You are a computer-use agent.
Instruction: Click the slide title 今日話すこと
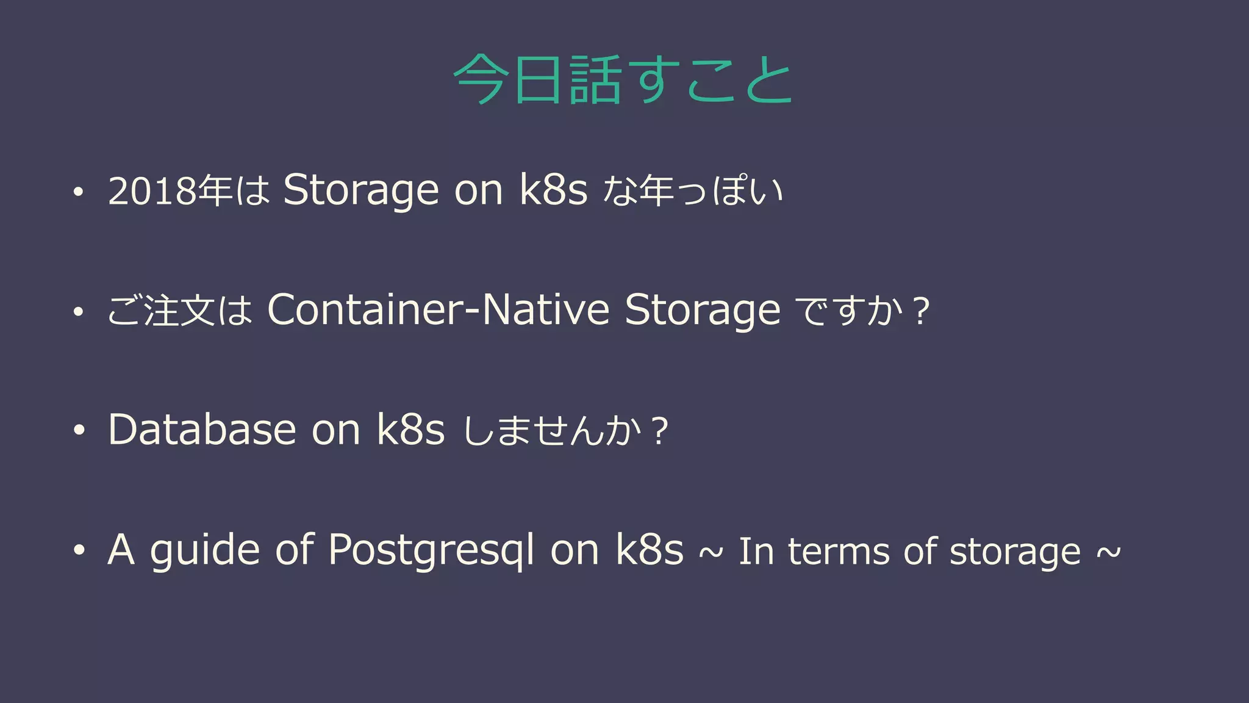pos(623,80)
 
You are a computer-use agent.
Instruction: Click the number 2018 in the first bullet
pos(152,191)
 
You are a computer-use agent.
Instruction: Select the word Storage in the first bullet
pos(360,190)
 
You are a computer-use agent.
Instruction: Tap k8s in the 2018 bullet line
pos(554,190)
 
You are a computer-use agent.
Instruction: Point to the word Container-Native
pos(438,309)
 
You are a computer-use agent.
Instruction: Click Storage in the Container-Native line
pos(702,311)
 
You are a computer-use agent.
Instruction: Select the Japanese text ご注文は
pos(180,311)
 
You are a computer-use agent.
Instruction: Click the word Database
pos(202,430)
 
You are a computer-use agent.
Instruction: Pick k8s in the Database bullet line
pos(410,430)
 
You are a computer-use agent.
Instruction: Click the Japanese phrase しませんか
pos(552,431)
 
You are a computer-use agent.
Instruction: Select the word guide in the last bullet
pos(205,551)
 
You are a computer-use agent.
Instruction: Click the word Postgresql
pos(431,551)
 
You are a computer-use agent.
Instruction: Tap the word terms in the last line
pos(839,552)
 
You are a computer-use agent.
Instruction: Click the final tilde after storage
pos(1109,552)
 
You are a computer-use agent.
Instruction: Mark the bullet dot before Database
pos(78,431)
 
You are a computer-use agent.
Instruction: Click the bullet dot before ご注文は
pos(78,312)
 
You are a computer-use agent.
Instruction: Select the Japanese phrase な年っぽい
pos(692,191)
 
